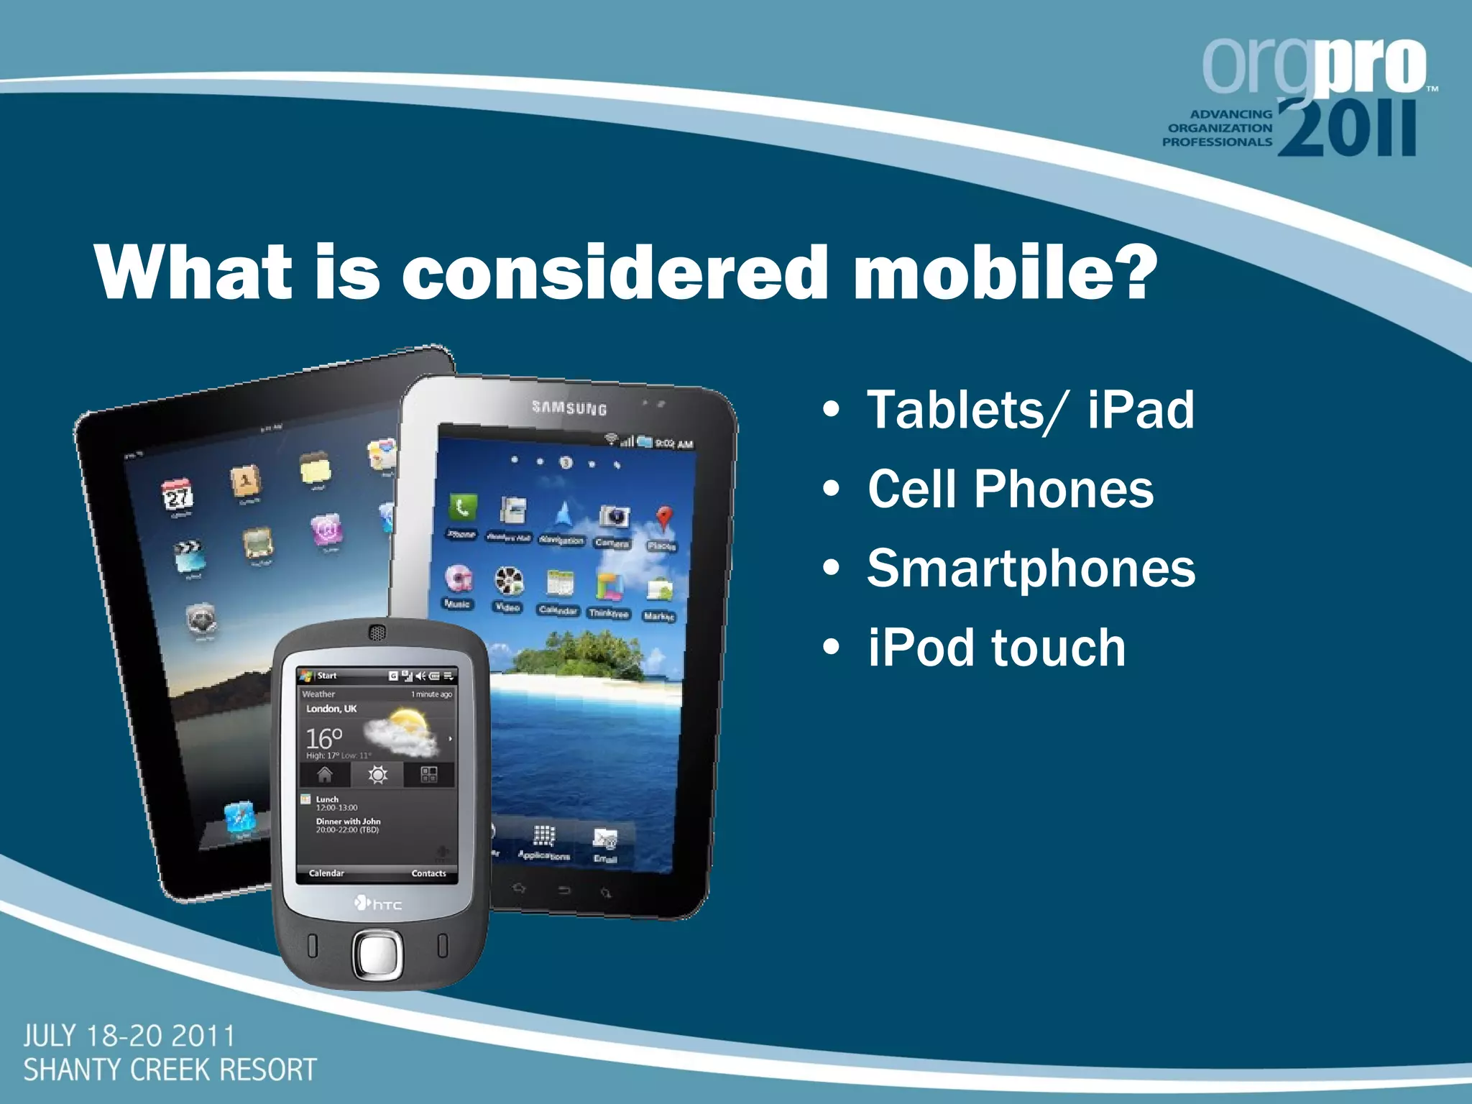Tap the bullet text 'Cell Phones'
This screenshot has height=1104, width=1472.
(1010, 489)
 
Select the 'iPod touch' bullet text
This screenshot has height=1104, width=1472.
(995, 648)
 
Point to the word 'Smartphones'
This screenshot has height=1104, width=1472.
(1031, 568)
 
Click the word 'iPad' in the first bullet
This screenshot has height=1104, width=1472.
(1140, 410)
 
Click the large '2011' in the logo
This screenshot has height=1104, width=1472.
(1347, 129)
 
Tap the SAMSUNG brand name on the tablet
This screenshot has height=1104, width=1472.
(569, 408)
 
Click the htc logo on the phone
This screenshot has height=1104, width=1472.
(379, 903)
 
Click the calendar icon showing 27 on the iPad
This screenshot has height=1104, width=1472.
(177, 494)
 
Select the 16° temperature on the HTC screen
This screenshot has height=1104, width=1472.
(323, 738)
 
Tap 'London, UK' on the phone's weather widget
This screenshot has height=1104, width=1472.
(331, 709)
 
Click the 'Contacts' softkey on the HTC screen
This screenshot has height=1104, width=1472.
(428, 873)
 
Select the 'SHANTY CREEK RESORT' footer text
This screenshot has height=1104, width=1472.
(170, 1069)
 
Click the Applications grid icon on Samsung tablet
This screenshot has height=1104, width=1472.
(543, 836)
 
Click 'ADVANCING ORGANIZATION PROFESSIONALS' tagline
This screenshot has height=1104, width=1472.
(1217, 128)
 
